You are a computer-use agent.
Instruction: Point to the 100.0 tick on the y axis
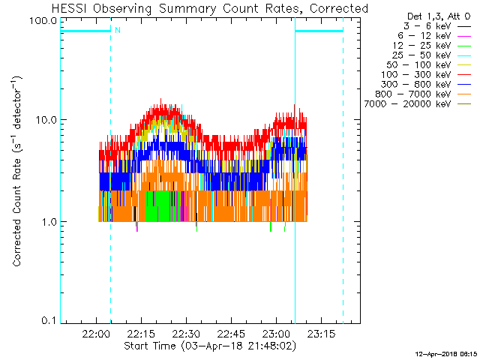44,20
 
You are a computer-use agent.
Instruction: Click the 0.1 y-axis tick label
49,322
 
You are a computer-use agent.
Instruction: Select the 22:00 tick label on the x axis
96,334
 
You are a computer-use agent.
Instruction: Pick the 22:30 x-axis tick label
185,334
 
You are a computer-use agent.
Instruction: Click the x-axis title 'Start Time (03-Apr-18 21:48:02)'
210,346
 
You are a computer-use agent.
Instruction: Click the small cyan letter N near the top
116,31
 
